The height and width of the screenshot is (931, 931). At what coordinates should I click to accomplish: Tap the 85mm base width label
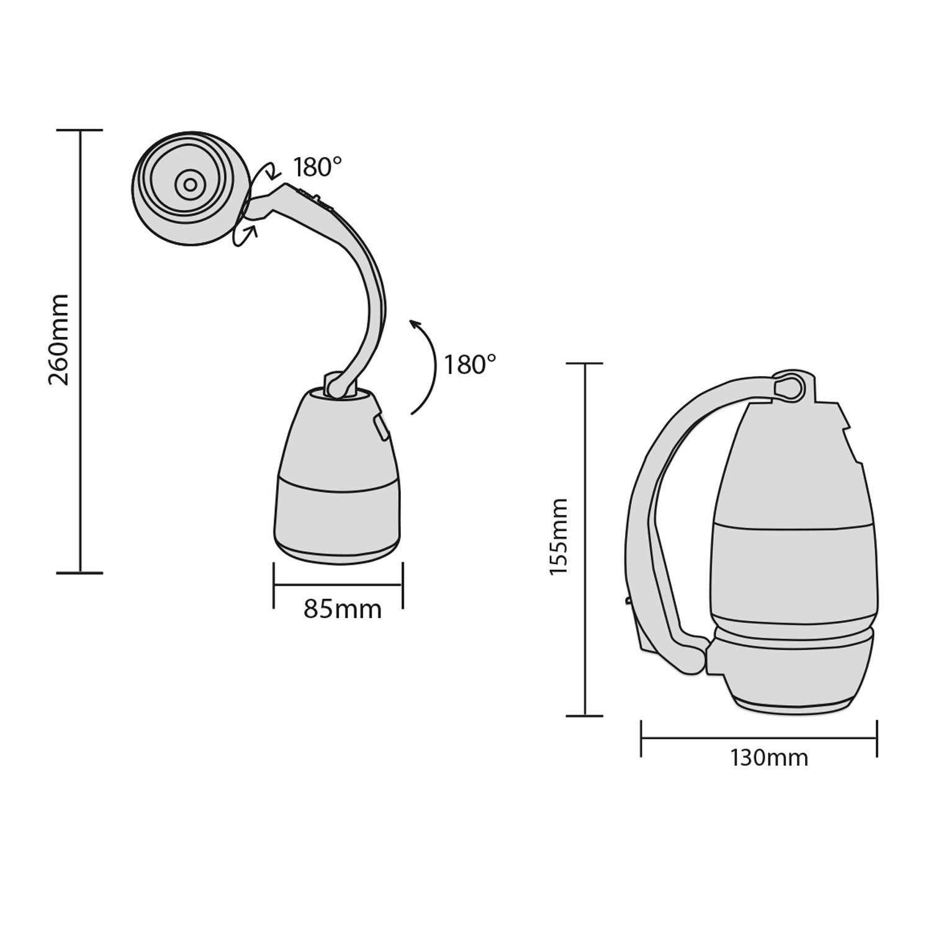click(x=343, y=609)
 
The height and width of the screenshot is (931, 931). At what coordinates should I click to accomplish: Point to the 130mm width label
click(x=769, y=758)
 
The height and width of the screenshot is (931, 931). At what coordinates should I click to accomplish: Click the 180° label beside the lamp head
click(x=318, y=167)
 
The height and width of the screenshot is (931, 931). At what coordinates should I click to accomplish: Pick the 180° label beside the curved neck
click(x=470, y=365)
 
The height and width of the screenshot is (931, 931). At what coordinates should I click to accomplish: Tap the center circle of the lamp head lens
click(x=189, y=184)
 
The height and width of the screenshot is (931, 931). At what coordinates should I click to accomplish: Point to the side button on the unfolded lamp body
click(x=380, y=428)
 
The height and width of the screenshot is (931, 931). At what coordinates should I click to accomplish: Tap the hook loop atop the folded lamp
click(x=789, y=386)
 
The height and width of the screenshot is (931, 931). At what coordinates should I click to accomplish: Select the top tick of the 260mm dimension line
click(x=79, y=130)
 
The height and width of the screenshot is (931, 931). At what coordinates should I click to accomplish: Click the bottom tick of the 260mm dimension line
click(x=79, y=572)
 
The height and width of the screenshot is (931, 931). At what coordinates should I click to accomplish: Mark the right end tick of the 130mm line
click(x=876, y=738)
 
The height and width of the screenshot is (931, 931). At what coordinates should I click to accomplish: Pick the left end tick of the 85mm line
click(x=274, y=585)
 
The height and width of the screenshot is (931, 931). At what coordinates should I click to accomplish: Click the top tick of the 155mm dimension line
click(x=585, y=364)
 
